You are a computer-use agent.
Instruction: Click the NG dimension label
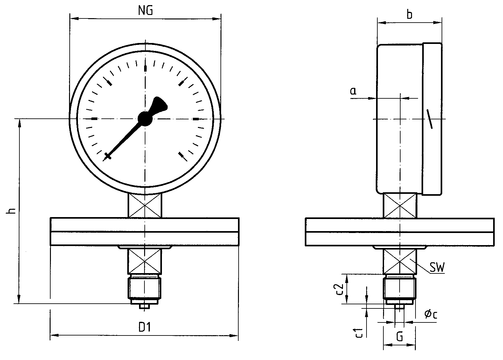pyautogui.click(x=146, y=10)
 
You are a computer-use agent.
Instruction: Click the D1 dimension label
pyautogui.click(x=145, y=327)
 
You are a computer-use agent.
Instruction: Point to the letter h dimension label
pyautogui.click(x=12, y=211)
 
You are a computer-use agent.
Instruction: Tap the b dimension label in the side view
pyautogui.click(x=410, y=15)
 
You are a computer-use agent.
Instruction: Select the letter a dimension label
pyautogui.click(x=353, y=91)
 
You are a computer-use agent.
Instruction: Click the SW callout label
pyautogui.click(x=437, y=267)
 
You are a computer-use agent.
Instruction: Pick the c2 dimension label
pyautogui.click(x=339, y=289)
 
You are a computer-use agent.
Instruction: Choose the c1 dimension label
pyautogui.click(x=359, y=332)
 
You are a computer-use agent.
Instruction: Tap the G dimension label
pyautogui.click(x=399, y=336)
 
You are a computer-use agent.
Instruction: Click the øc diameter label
pyautogui.click(x=431, y=314)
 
